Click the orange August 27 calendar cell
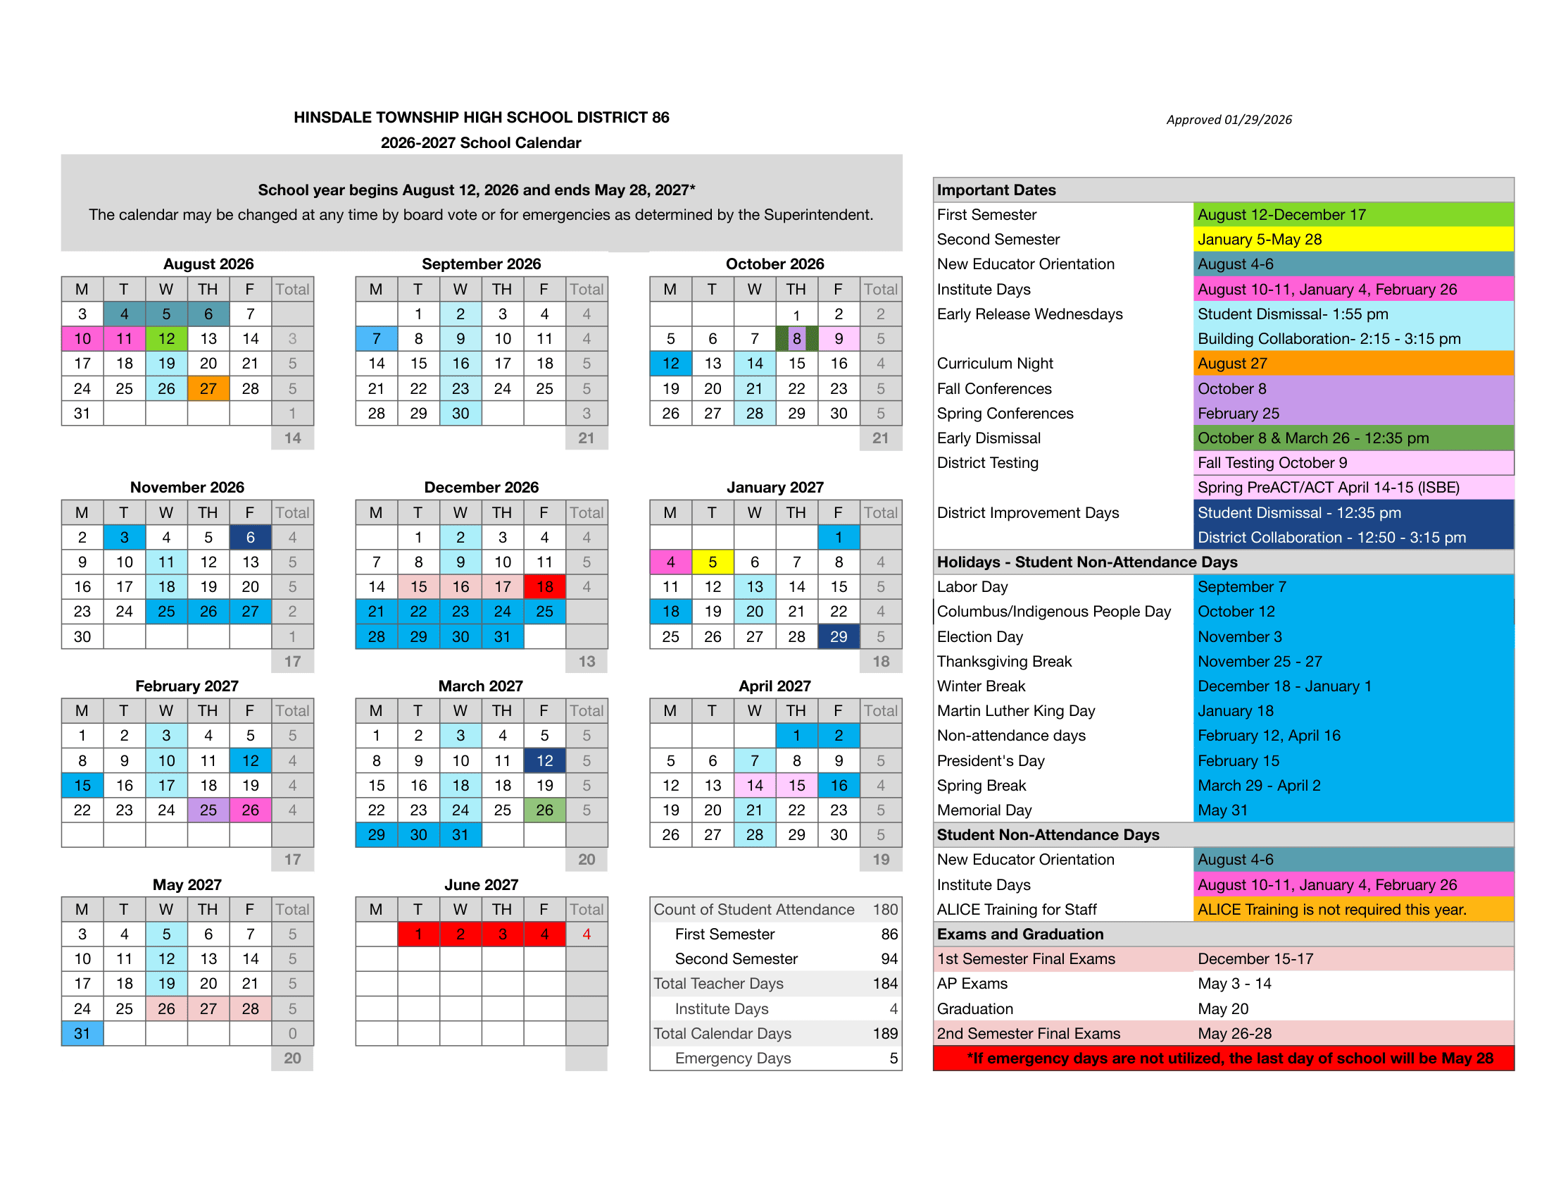click(x=208, y=388)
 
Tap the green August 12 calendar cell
click(x=166, y=338)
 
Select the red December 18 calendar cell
click(x=544, y=586)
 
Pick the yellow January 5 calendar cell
click(x=712, y=562)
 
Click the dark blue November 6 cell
click(x=250, y=537)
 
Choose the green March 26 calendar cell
click(x=544, y=810)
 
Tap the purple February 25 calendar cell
click(x=208, y=810)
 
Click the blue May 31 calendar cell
click(x=82, y=1033)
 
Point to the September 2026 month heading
click(x=481, y=264)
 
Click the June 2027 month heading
click(x=481, y=884)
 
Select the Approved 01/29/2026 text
click(x=1229, y=119)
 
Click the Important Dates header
click(x=996, y=190)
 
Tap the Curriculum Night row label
click(x=994, y=364)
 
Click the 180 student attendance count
click(x=885, y=909)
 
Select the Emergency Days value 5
click(x=893, y=1058)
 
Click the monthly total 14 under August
click(x=292, y=438)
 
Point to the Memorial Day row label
click(x=984, y=810)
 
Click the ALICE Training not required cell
click(x=1331, y=909)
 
